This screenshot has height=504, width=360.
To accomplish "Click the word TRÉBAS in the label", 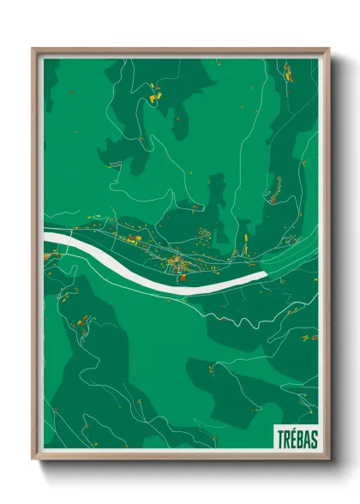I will click(x=297, y=439).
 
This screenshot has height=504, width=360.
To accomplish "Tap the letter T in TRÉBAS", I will click(x=280, y=439).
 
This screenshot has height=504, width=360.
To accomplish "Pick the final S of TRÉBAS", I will click(x=314, y=439).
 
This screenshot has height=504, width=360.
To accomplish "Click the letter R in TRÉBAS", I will click(x=287, y=439).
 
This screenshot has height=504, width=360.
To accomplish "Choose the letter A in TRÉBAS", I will click(x=307, y=439).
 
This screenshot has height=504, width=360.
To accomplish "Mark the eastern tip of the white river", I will click(x=267, y=273).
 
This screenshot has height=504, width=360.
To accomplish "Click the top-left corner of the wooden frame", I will click(x=33, y=49).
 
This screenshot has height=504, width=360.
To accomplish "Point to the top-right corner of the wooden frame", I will click(x=329, y=49).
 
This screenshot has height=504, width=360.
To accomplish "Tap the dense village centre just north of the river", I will click(x=171, y=258).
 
